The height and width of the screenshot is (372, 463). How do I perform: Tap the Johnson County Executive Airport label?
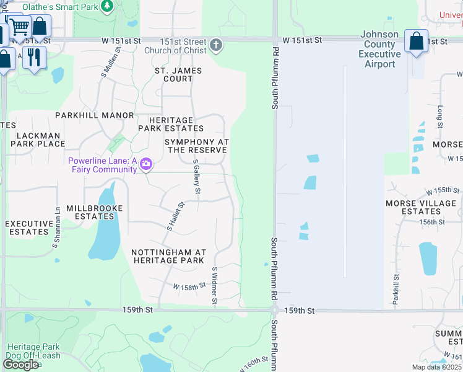379,50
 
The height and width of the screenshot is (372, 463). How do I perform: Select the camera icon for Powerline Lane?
147,164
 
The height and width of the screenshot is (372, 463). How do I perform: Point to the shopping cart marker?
19,27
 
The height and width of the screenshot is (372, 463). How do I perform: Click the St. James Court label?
178,74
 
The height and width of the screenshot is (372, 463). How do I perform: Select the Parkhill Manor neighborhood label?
95,115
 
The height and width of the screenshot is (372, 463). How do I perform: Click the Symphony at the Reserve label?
197,146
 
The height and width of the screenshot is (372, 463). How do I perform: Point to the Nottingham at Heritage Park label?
168,256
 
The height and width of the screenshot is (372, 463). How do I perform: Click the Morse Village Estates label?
421,207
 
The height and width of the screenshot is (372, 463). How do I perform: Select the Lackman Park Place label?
38,139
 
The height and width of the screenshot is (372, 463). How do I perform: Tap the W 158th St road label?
189,287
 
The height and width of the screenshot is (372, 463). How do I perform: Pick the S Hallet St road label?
176,216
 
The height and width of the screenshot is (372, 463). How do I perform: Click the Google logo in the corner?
20,365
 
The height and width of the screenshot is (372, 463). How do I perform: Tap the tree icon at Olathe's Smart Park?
107,6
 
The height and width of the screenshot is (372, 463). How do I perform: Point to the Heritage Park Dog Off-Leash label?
33,352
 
